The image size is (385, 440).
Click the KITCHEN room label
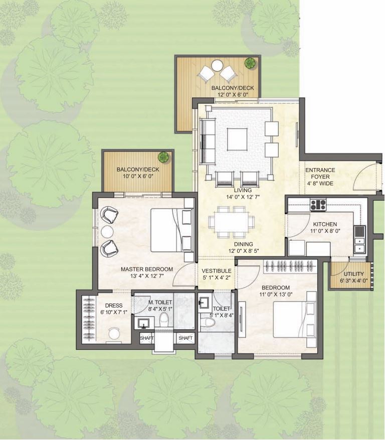(x=325, y=224)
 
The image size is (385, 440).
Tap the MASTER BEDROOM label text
(x=147, y=269)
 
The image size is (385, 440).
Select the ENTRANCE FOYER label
(x=320, y=174)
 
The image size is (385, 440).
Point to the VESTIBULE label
(x=217, y=271)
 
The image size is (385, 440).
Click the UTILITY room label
(x=353, y=273)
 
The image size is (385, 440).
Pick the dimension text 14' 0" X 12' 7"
(x=243, y=197)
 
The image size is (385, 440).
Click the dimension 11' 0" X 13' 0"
(x=276, y=295)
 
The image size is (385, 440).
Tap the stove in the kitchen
(x=318, y=205)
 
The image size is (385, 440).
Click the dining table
(x=232, y=222)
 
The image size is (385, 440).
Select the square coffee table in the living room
(x=237, y=139)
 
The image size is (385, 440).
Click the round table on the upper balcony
(x=217, y=66)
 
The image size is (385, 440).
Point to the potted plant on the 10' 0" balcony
(x=163, y=157)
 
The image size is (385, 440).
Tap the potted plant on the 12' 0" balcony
(x=250, y=63)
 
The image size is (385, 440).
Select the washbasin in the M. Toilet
(x=144, y=323)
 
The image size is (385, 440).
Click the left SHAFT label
(x=146, y=338)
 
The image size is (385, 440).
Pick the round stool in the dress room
(x=114, y=334)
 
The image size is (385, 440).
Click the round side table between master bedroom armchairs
(x=107, y=232)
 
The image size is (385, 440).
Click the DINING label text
(x=244, y=244)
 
